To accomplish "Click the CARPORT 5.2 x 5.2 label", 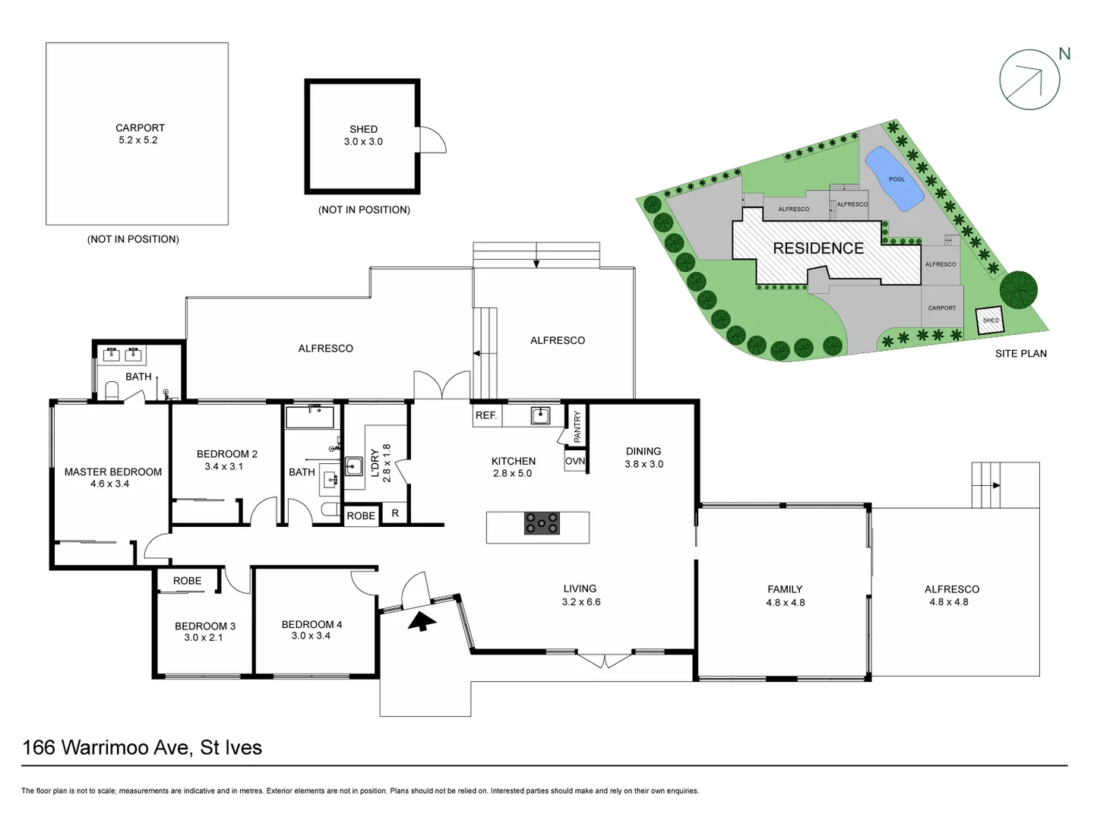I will (139, 134).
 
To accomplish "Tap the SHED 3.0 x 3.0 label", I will (363, 135).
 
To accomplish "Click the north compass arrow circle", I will (1029, 80).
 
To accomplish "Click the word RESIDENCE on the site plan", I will (818, 248).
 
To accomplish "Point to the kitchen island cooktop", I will (542, 523).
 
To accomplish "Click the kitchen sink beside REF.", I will (540, 415).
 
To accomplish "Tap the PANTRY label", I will (577, 427).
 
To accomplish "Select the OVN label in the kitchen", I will (575, 461).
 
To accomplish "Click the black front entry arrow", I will (421, 621).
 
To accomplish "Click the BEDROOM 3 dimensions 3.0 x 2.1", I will (204, 638).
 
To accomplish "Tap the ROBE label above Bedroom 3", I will (187, 581).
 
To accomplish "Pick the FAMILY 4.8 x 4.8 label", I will (785, 595).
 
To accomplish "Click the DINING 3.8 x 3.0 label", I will (643, 457).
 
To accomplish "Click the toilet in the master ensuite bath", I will (112, 390).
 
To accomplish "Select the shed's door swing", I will (432, 140).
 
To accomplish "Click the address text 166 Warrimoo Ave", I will (106, 747).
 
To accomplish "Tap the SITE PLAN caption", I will (1020, 354).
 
